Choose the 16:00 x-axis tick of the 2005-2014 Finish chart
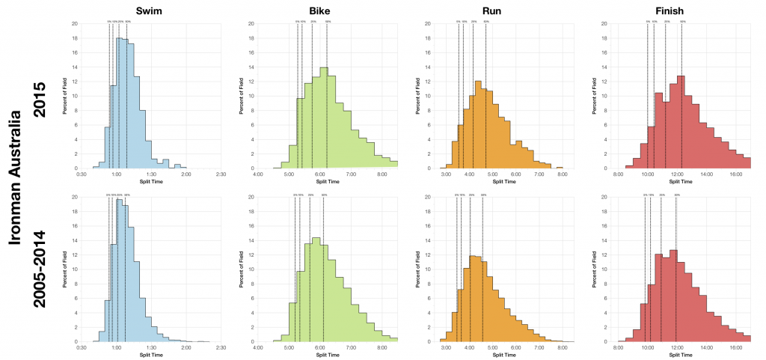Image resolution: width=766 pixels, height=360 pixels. pos(737,347)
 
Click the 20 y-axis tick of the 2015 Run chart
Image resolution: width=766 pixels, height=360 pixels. pos(427,23)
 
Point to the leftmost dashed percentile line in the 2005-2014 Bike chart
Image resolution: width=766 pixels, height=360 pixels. pos(295,269)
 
